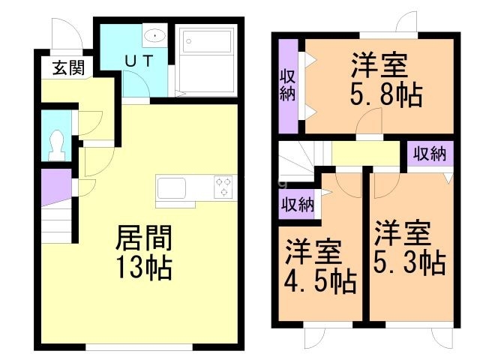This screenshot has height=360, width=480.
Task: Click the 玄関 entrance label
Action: point(67,67)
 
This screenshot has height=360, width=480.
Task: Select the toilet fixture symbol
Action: point(55,143)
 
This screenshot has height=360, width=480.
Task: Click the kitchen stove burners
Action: point(224,186)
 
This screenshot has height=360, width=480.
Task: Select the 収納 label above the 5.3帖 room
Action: point(430,154)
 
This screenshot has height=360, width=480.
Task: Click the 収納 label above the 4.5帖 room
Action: point(298,203)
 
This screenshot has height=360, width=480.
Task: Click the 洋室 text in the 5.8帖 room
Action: point(380,66)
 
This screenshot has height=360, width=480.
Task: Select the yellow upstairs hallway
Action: point(365,155)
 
